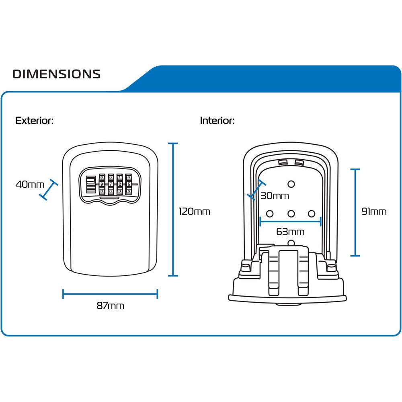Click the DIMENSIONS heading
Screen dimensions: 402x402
tap(56, 74)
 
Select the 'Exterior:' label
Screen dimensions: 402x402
tap(34, 121)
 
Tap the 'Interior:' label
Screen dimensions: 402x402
tap(217, 121)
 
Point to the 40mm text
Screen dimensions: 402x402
tap(30, 185)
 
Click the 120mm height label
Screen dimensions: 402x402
tap(195, 211)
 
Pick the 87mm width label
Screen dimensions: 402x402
tap(110, 306)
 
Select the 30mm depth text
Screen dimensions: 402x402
tap(275, 196)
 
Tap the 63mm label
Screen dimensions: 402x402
tap(290, 232)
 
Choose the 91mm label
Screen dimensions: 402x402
tap(374, 211)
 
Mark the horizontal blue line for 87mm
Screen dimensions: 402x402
tap(110, 294)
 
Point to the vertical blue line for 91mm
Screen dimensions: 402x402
tap(355, 212)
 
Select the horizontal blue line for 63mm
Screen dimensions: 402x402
tap(290, 221)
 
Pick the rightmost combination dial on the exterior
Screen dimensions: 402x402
tap(128, 185)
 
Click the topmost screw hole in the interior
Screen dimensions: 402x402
tap(291, 184)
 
